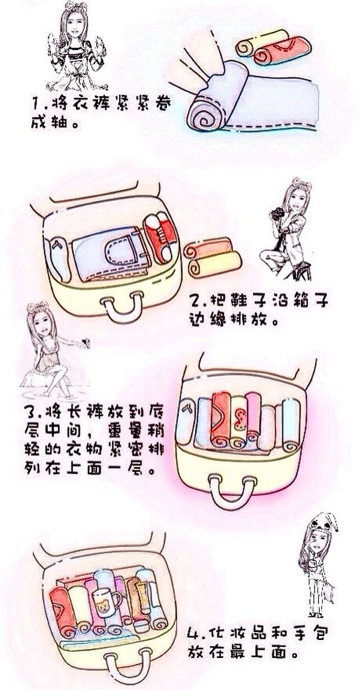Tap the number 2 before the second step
195,301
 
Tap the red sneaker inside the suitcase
160,236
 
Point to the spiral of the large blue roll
204,117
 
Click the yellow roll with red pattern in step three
238,422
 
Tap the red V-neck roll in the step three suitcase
221,419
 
